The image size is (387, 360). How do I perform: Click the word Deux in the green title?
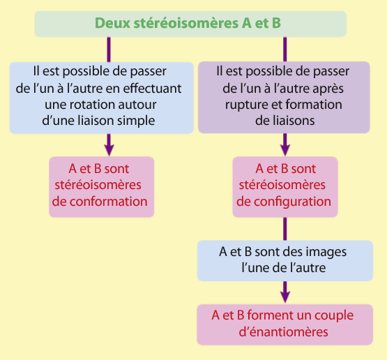tap(112, 23)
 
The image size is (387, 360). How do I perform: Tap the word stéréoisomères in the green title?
tap(186, 23)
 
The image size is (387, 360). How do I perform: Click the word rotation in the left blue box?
tap(92, 105)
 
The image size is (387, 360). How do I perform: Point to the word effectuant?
tap(152, 89)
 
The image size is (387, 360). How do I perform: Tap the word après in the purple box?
tap(328, 89)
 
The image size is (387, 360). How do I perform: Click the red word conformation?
tap(100, 202)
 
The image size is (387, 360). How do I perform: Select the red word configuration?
tap(284, 202)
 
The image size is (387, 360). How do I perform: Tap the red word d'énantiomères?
tap(283, 332)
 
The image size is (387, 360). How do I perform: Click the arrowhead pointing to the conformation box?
tap(109, 150)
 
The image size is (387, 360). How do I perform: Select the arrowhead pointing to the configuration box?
tap(285, 150)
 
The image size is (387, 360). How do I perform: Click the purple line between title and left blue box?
tap(109, 50)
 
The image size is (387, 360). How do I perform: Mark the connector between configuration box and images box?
tap(285, 229)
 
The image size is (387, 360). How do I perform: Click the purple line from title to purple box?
tap(285, 49)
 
